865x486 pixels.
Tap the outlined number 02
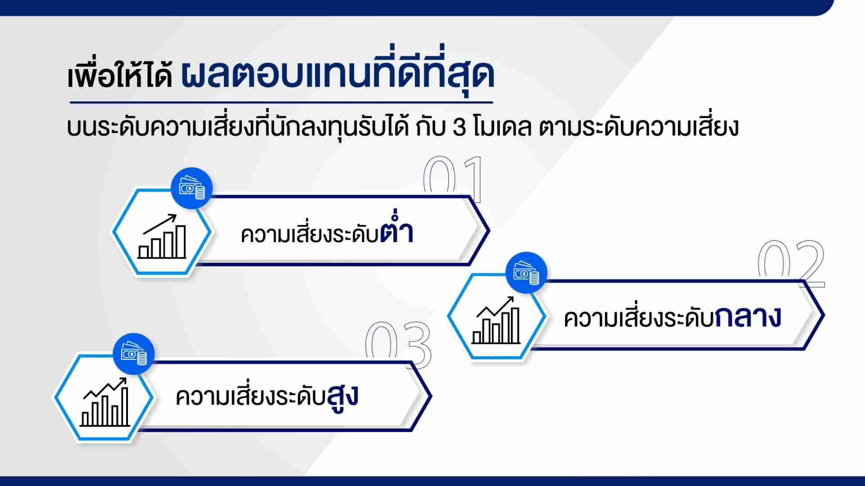(x=791, y=264)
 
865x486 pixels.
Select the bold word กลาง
(x=748, y=317)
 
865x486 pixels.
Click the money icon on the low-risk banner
(x=192, y=188)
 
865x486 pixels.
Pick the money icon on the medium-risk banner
(x=526, y=273)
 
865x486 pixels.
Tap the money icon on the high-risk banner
(x=134, y=354)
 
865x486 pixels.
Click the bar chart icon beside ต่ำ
(x=162, y=236)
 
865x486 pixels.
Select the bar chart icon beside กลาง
(x=496, y=320)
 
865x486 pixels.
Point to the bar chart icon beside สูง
(x=105, y=402)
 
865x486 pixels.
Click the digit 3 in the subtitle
(x=459, y=128)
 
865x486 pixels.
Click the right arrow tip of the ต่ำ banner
(x=489, y=230)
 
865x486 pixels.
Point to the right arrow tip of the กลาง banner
(x=824, y=315)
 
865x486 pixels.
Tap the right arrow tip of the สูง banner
(x=432, y=396)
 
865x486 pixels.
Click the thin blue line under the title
(x=282, y=103)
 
